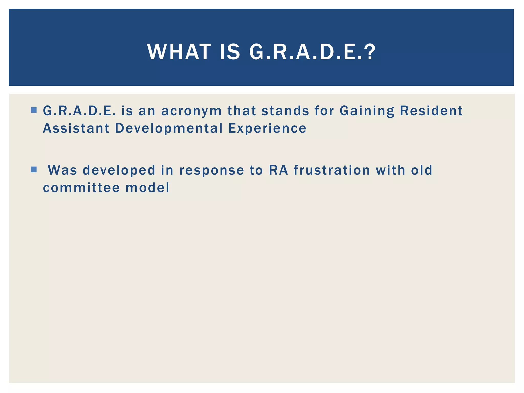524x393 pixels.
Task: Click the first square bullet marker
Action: tap(34, 110)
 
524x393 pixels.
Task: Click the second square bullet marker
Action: tap(34, 170)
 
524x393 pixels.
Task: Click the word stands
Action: tap(285, 111)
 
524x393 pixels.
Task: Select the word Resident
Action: tap(431, 111)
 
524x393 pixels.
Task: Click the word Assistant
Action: tap(76, 128)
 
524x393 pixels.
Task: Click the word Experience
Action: tap(267, 129)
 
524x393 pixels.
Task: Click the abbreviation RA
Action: tap(279, 170)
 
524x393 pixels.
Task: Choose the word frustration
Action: tap(332, 170)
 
